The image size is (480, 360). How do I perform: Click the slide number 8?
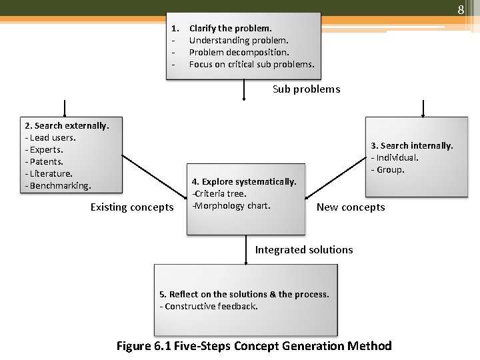[460, 10]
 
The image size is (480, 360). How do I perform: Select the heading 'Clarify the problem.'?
[231, 29]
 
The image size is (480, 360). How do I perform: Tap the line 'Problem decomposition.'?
[239, 53]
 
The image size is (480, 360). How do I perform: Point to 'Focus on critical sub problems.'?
[251, 65]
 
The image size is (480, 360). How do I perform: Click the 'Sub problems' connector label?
[306, 89]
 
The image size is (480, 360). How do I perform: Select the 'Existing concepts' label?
[132, 207]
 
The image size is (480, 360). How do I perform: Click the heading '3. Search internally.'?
[411, 145]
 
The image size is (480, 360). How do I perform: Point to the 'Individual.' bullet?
[397, 158]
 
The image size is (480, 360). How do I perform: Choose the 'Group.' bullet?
[390, 170]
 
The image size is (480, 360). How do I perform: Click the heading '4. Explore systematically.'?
[244, 181]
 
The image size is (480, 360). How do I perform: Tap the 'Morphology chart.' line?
[233, 205]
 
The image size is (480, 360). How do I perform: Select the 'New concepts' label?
[351, 207]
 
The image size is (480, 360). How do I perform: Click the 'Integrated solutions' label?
[304, 250]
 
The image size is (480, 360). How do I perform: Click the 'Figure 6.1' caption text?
[142, 346]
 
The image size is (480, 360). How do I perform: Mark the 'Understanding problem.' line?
[239, 41]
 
